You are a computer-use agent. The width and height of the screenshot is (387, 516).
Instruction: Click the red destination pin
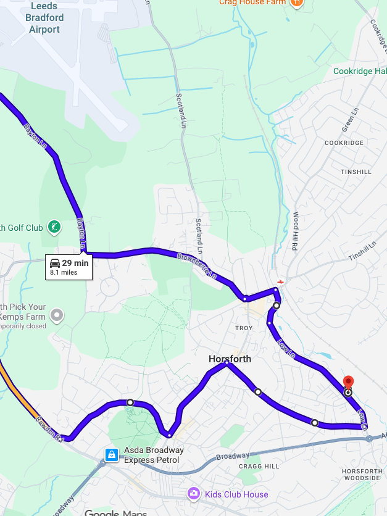(347, 382)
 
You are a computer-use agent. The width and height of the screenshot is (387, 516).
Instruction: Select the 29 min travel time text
(75, 263)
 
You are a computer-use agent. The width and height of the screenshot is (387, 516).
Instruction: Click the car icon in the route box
(55, 263)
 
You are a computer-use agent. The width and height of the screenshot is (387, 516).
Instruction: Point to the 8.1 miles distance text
(64, 272)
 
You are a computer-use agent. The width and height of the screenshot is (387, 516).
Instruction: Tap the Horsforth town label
(230, 359)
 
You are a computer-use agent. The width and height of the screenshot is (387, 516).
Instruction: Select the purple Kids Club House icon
(194, 494)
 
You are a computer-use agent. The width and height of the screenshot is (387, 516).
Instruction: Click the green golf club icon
(55, 228)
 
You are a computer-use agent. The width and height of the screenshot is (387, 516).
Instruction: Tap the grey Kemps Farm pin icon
(57, 315)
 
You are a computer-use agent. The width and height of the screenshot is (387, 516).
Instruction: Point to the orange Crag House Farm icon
(296, 2)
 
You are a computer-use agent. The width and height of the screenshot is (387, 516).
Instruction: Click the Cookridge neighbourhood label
(344, 143)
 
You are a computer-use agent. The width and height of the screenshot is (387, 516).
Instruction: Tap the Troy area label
(244, 328)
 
